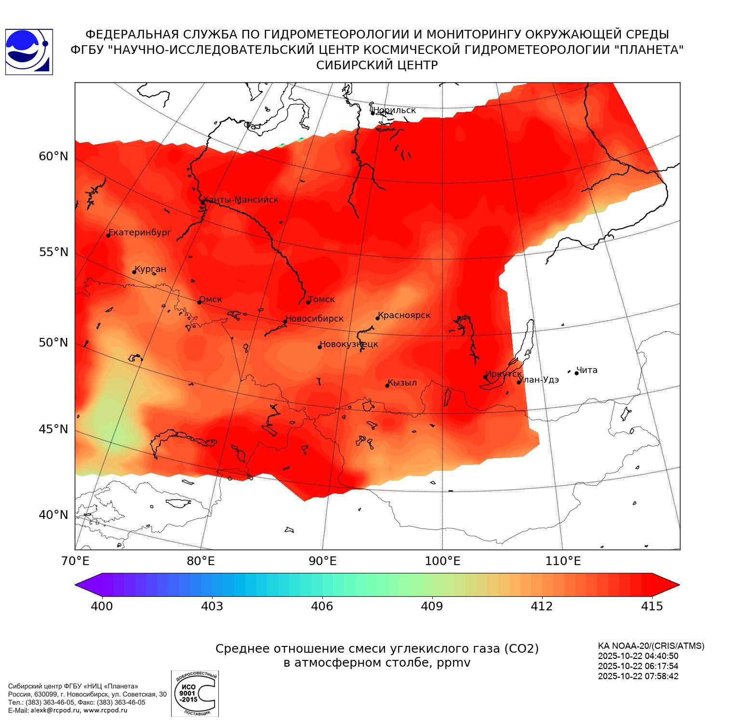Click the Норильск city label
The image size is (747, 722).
394,110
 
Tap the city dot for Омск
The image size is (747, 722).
199,302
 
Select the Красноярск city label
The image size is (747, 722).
404,315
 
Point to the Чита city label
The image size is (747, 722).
587,370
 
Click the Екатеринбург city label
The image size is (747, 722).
140,232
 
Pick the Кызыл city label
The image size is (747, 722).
402,383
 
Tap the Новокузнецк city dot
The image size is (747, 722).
320,347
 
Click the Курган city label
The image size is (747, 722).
150,269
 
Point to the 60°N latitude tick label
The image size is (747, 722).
53,156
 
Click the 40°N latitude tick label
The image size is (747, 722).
53,515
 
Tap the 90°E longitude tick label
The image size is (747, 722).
322,561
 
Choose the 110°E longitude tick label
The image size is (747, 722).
563,561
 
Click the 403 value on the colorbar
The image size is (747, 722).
212,606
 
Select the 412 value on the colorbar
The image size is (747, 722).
542,606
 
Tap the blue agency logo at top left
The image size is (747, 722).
29,52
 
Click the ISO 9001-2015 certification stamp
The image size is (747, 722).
195,694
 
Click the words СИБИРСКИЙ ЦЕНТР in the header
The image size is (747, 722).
377,65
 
